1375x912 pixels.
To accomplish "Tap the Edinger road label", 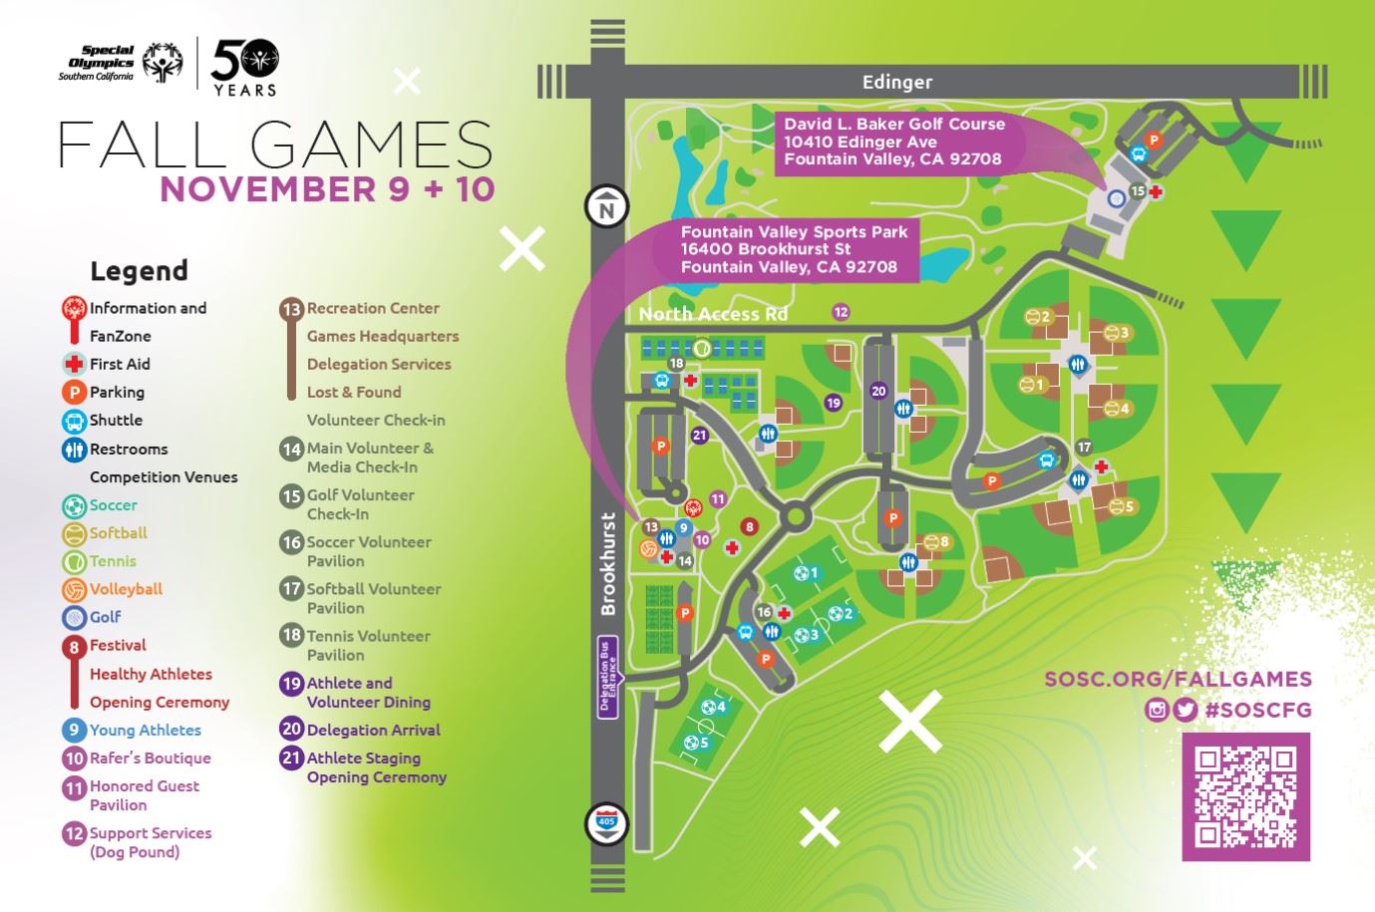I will click(896, 83).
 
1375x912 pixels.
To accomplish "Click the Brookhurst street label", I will click(609, 564).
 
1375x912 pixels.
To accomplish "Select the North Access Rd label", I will click(713, 314).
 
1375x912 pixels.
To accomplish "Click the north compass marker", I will click(606, 208).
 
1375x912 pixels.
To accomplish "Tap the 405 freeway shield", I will click(606, 823).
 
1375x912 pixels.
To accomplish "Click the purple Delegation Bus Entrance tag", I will click(608, 677).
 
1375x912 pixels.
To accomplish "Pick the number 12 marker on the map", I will click(841, 312).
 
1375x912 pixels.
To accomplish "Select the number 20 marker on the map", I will click(877, 392).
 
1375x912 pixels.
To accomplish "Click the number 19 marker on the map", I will click(834, 403).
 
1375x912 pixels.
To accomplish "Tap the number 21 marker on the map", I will click(699, 435).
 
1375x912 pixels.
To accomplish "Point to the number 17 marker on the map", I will click(1084, 448).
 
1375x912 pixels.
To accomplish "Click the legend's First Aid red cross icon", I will click(74, 365).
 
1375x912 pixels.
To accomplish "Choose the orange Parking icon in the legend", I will click(74, 393).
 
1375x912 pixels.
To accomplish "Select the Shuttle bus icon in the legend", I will click(74, 421).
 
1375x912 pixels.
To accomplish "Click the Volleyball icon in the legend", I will click(74, 589).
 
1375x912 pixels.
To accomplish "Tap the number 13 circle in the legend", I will click(291, 309).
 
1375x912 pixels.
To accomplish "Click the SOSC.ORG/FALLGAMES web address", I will click(1178, 680).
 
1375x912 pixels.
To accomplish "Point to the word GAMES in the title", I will click(370, 146).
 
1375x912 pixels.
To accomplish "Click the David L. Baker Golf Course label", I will click(893, 125).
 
